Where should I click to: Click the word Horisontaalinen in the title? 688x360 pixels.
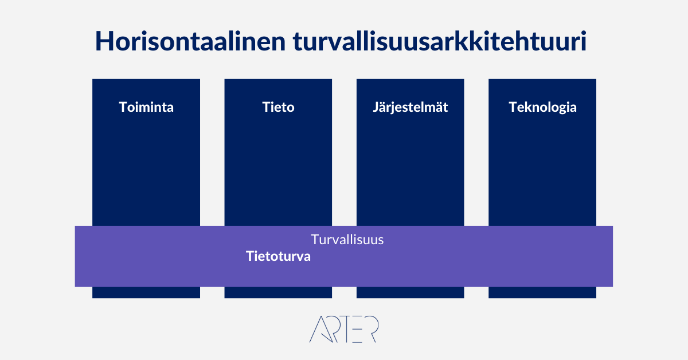tap(190, 41)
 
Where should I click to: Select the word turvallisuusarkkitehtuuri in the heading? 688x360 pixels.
tap(440, 41)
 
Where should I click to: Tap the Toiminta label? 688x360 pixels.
tap(146, 107)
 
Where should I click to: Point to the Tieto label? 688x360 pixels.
tap(278, 107)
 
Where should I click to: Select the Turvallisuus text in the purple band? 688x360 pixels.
tap(347, 240)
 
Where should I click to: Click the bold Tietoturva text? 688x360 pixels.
tap(278, 256)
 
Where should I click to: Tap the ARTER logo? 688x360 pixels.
tap(344, 329)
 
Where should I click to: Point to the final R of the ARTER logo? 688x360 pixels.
tap(372, 329)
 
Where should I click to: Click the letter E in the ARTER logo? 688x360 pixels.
tap(355, 329)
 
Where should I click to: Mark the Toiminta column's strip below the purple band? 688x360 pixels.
tap(146, 292)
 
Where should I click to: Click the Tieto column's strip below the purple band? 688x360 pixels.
tap(278, 292)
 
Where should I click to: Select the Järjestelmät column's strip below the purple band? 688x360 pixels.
tap(411, 292)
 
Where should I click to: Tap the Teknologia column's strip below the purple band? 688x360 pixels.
tap(542, 292)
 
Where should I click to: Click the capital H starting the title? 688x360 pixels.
tap(104, 41)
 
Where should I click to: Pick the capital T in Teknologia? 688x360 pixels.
tap(514, 107)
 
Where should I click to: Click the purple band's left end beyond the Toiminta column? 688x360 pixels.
tap(84, 256)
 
